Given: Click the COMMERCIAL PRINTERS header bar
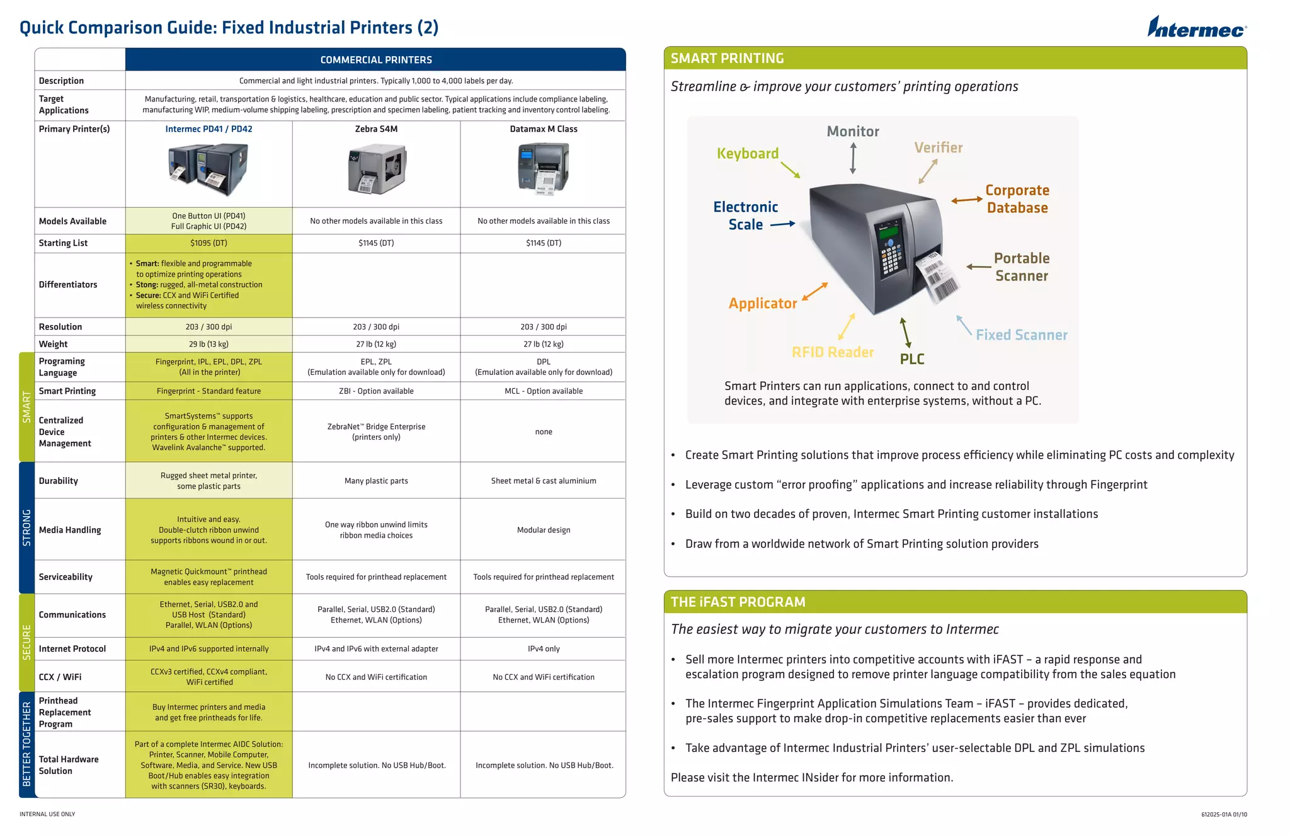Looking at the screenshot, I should (375, 60).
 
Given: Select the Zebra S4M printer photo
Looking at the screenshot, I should (377, 168).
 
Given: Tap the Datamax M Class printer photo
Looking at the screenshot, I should (543, 167).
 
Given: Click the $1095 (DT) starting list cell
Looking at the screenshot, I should (208, 243).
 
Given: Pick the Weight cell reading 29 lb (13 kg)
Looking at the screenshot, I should (208, 344).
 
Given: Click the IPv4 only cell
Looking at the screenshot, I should (543, 648).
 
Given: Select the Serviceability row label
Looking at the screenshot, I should (66, 577).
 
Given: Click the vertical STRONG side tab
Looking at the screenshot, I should (26, 527).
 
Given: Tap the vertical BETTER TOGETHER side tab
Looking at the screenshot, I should (26, 744).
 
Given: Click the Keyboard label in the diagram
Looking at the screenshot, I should (748, 154).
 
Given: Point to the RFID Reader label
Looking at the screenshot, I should (832, 352).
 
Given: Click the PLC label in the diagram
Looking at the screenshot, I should (911, 359).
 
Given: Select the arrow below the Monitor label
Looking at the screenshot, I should (853, 158).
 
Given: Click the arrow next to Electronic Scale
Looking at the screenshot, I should (783, 224).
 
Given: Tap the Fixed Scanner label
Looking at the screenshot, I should (1021, 335).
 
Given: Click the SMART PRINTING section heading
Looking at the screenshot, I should (727, 59).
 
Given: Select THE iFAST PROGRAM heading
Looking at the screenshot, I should (738, 602).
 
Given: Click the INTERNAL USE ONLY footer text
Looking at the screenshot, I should (47, 814).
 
